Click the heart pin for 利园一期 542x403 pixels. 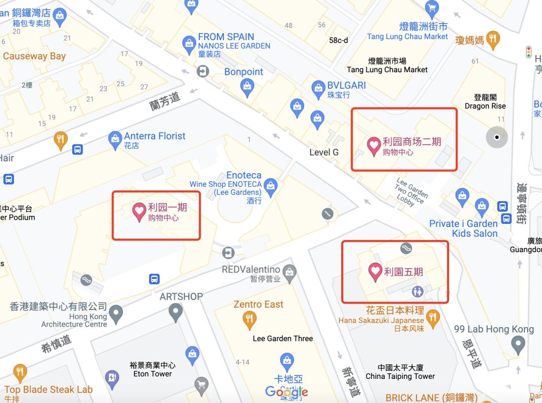click(x=139, y=211)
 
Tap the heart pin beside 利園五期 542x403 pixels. click(x=375, y=272)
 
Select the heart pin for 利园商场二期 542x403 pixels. click(x=374, y=146)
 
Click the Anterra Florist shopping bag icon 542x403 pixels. click(x=115, y=138)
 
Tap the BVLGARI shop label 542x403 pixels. click(x=346, y=85)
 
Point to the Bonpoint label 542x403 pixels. click(x=243, y=72)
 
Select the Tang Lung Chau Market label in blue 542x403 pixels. click(x=407, y=37)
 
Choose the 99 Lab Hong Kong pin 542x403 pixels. click(x=517, y=344)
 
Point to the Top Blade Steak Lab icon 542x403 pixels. click(x=20, y=372)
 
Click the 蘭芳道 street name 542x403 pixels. click(x=165, y=101)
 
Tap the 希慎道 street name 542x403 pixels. click(x=56, y=343)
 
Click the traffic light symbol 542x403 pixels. click(x=528, y=52)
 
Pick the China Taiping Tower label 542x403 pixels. click(x=400, y=376)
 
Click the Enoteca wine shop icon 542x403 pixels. click(x=270, y=185)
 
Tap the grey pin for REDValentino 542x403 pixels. click(x=289, y=273)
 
